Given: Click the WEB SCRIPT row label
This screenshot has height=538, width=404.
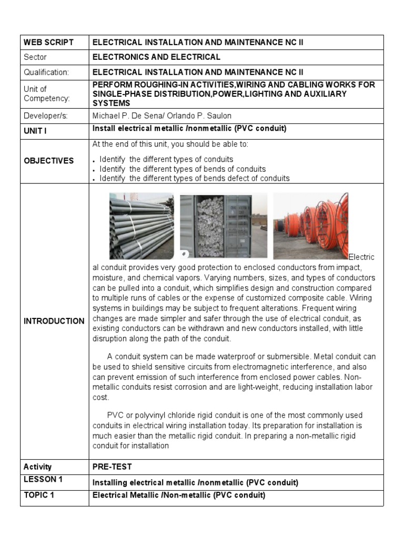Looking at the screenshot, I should coord(49,43).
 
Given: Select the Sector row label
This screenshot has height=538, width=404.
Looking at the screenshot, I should coord(35,57).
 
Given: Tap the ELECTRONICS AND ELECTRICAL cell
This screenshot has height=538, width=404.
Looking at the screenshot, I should coord(156,57).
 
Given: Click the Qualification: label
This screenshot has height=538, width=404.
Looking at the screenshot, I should coord(46,72).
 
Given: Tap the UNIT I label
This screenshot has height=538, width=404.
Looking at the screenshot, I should coord(35,131).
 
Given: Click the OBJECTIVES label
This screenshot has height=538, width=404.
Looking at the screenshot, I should coord(49,161).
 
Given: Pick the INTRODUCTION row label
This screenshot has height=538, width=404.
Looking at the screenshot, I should coord(54,321).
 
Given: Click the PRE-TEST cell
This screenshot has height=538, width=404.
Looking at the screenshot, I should coord(112,467).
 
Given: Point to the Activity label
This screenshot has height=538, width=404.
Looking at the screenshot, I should coord(38,467).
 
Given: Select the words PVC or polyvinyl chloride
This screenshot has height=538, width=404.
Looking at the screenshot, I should coord(168,416).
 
